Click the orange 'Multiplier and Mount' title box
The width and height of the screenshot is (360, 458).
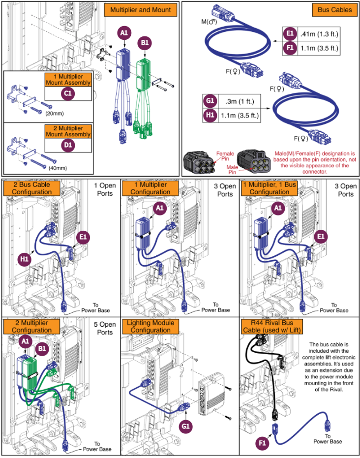[x=141, y=9]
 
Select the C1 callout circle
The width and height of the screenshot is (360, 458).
[x=68, y=93]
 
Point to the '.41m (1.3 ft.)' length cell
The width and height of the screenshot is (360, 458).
[x=319, y=34]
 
